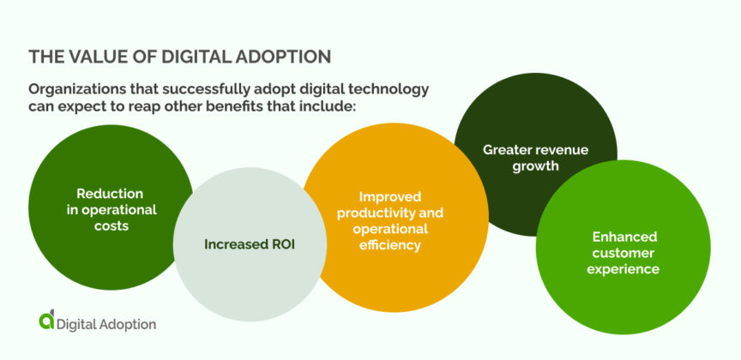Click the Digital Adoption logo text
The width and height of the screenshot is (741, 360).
click(x=106, y=323)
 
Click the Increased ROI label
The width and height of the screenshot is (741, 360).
click(x=250, y=244)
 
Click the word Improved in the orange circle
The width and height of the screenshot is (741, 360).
click(x=390, y=196)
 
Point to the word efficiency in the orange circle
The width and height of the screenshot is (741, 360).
click(x=390, y=245)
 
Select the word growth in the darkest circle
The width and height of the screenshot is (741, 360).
click(x=535, y=165)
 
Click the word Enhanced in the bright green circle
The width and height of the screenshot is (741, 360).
click(x=624, y=237)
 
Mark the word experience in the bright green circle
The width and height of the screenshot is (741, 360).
click(x=624, y=269)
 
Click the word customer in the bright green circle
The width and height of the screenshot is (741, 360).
click(x=624, y=253)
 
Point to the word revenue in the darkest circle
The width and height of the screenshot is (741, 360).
click(x=563, y=149)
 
